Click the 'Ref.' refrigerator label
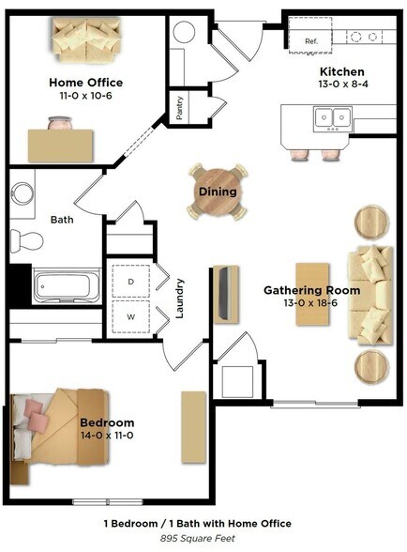pyautogui.click(x=310, y=41)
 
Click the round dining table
pyautogui.click(x=218, y=192)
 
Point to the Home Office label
pyautogui.click(x=85, y=83)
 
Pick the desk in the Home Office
pyautogui.click(x=61, y=146)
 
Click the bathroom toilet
pyautogui.click(x=28, y=241)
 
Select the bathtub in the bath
pyautogui.click(x=67, y=285)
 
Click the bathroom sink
pyautogui.click(x=23, y=193)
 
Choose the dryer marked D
pyautogui.click(x=130, y=280)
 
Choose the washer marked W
pyautogui.click(x=130, y=316)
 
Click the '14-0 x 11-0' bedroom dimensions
pyautogui.click(x=106, y=437)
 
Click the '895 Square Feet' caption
pyautogui.click(x=197, y=539)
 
